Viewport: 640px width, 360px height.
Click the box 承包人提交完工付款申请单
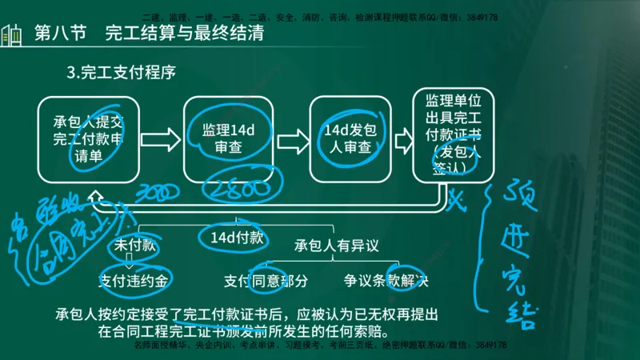tap(88, 138)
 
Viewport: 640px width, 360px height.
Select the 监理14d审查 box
tap(218, 138)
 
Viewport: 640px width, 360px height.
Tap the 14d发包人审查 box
tap(345, 138)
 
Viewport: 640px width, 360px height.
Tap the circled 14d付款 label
tap(231, 237)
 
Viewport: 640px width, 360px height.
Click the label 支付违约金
tap(134, 281)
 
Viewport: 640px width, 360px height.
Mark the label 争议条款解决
tap(386, 281)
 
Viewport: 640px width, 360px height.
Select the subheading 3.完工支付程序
tap(122, 72)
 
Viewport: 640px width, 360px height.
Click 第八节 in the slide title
tap(63, 34)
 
